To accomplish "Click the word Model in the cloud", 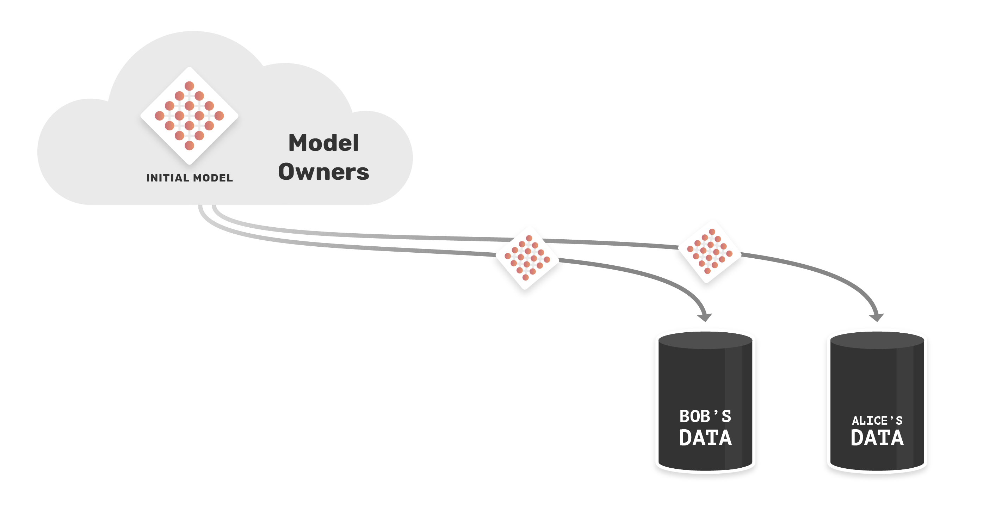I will pyautogui.click(x=323, y=143).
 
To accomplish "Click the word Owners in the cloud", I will pyautogui.click(x=323, y=172).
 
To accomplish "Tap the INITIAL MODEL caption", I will pyautogui.click(x=190, y=178).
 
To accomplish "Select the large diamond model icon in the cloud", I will pyautogui.click(x=190, y=116).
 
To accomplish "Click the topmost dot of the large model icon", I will pyautogui.click(x=190, y=86).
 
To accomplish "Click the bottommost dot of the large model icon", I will pyautogui.click(x=190, y=146).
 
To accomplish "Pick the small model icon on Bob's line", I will pyautogui.click(x=527, y=258).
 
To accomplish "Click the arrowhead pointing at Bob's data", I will pyautogui.click(x=704, y=317).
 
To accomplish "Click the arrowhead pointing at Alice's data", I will pyautogui.click(x=876, y=317).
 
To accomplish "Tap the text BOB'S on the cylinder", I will pyautogui.click(x=705, y=416).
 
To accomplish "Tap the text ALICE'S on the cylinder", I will pyautogui.click(x=877, y=420).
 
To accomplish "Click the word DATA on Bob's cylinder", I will pyautogui.click(x=705, y=438).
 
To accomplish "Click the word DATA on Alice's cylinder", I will pyautogui.click(x=877, y=438).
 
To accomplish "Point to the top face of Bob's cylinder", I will pyautogui.click(x=705, y=340).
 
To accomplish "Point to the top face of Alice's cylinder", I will pyautogui.click(x=877, y=340).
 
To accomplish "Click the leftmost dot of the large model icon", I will pyautogui.click(x=160, y=116).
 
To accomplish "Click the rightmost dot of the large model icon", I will pyautogui.click(x=220, y=116).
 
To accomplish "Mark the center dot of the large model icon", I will pyautogui.click(x=190, y=116).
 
